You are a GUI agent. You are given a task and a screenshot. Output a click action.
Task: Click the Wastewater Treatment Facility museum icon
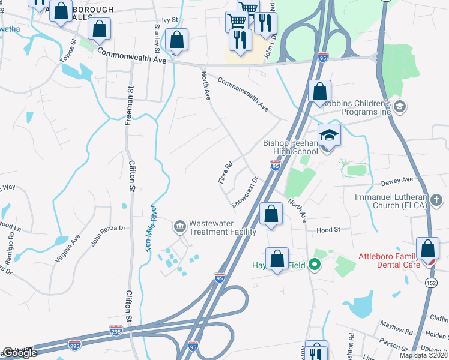coord(179,227)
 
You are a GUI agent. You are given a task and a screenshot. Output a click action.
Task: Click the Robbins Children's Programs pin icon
coord(400,107)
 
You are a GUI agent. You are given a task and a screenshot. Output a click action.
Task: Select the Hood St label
coord(328,229)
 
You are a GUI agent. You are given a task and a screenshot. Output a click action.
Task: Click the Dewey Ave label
coord(397,179)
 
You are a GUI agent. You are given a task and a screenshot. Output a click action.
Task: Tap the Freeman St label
coord(128,105)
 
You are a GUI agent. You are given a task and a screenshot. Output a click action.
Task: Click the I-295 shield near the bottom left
coord(116,331)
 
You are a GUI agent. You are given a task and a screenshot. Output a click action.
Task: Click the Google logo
coord(20,352)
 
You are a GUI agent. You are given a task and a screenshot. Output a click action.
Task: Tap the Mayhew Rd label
coord(396,328)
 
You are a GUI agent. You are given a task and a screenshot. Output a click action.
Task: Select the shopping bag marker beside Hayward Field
coord(277,259)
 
